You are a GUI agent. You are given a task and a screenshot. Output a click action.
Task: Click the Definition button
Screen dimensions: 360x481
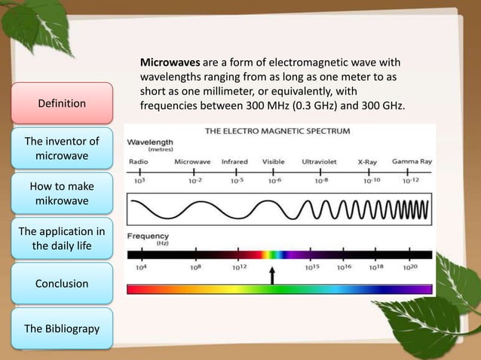62,103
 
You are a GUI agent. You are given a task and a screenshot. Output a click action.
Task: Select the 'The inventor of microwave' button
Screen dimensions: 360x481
62,148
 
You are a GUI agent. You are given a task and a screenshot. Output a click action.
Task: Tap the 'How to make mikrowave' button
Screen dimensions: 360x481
62,194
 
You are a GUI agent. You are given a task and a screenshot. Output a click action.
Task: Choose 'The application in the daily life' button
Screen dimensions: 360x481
62,239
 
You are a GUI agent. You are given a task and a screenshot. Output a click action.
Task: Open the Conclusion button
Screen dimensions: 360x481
62,284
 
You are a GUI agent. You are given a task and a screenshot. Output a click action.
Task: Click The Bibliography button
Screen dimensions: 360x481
62,329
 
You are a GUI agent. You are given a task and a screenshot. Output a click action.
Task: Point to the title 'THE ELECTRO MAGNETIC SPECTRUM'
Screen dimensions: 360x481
277,131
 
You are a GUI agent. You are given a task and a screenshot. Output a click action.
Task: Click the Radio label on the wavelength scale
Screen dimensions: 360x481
139,161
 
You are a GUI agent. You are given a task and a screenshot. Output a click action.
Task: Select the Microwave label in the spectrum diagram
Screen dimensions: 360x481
192,161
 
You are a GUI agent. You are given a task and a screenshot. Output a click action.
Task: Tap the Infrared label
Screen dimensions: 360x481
234,161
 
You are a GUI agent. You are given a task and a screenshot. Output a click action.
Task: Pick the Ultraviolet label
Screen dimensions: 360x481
320,161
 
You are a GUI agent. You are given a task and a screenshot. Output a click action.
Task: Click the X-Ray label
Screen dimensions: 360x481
367,161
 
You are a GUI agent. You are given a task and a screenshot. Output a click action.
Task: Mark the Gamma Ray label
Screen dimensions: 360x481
412,161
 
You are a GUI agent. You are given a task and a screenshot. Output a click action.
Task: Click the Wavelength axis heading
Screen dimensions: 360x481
150,142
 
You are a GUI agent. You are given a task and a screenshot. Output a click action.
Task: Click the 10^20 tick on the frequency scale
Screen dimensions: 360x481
410,267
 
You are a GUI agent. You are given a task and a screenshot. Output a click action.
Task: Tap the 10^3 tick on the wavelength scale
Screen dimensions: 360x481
139,181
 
